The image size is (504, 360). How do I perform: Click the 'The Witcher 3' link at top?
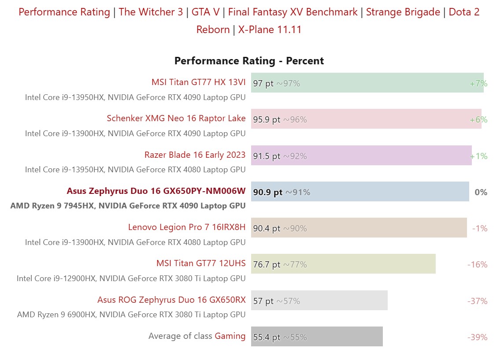point(151,12)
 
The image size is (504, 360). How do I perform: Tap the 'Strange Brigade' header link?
point(403,12)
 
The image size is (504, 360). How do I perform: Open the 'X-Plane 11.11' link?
point(270,30)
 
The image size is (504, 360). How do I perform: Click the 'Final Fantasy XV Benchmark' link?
point(293,12)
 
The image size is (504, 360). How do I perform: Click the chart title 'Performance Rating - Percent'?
point(249,61)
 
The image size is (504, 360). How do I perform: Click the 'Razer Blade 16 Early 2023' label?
point(195,155)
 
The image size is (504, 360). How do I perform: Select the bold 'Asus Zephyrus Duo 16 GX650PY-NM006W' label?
point(156,191)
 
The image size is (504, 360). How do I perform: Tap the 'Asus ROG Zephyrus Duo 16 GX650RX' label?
point(171,300)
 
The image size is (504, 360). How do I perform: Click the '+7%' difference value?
point(478,83)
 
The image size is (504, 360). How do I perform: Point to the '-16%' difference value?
point(477,264)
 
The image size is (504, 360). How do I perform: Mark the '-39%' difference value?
point(477,337)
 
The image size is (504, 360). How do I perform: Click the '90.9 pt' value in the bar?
point(268,192)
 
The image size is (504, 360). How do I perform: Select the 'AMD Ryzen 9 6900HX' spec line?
point(131,314)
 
